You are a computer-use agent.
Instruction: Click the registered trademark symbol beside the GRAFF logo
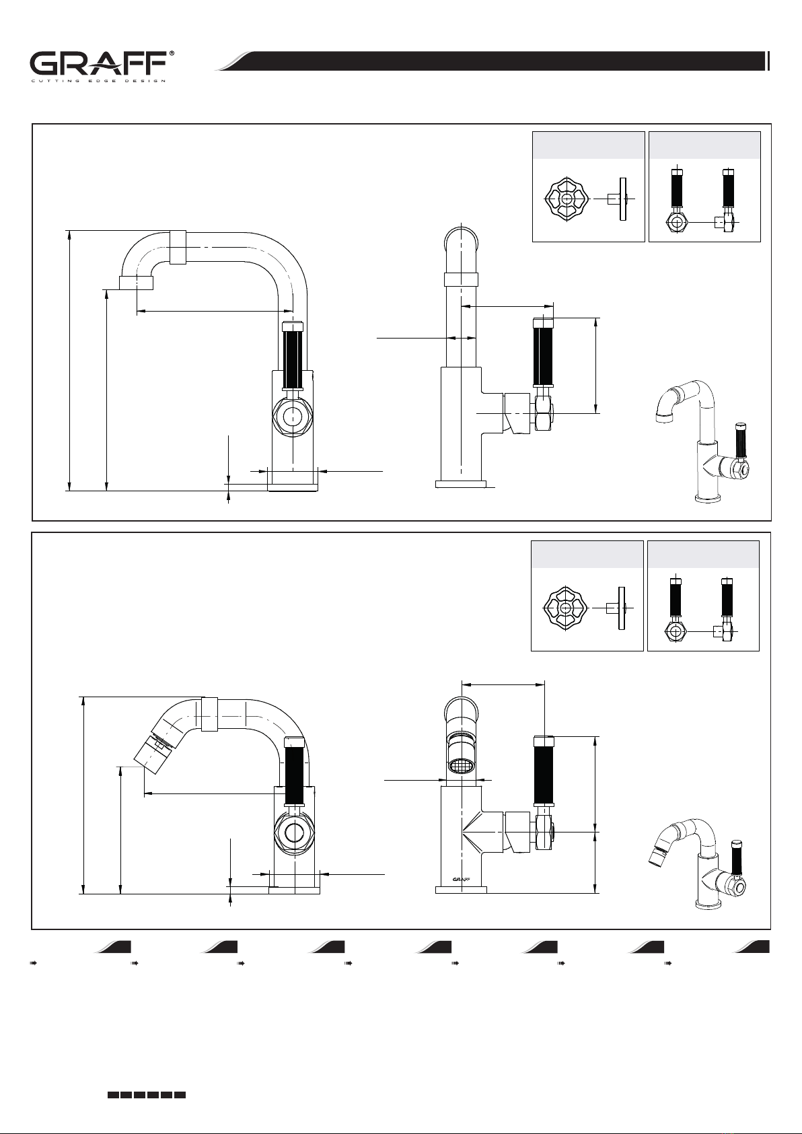[x=172, y=53]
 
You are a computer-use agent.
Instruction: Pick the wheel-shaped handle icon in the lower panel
[x=565, y=608]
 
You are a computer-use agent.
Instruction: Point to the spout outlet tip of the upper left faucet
[x=136, y=283]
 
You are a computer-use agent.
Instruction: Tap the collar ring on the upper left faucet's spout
[x=178, y=247]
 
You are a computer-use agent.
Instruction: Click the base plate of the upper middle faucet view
[x=460, y=484]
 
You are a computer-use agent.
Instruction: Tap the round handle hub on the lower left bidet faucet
[x=294, y=832]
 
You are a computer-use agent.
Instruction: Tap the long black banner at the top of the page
[x=499, y=61]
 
